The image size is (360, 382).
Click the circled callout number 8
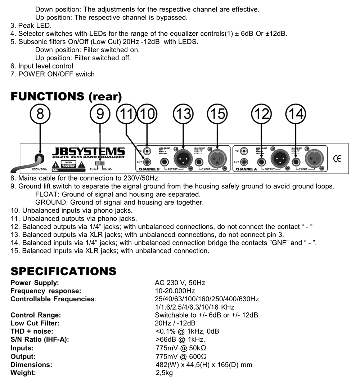40,114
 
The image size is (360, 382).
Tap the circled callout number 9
100,114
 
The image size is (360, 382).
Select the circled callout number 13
183,114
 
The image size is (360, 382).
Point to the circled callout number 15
217,114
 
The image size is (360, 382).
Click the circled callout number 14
295,114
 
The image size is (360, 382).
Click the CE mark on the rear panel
337,158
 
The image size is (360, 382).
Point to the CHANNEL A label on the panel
246,169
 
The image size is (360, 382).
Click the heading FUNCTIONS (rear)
66,96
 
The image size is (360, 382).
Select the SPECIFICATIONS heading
63,271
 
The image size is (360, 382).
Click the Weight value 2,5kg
164,373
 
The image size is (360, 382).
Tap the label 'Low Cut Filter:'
35,323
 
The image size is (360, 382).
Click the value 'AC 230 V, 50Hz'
180,283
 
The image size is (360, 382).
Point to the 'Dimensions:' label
31,365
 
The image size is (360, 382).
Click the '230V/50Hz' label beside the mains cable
40,169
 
